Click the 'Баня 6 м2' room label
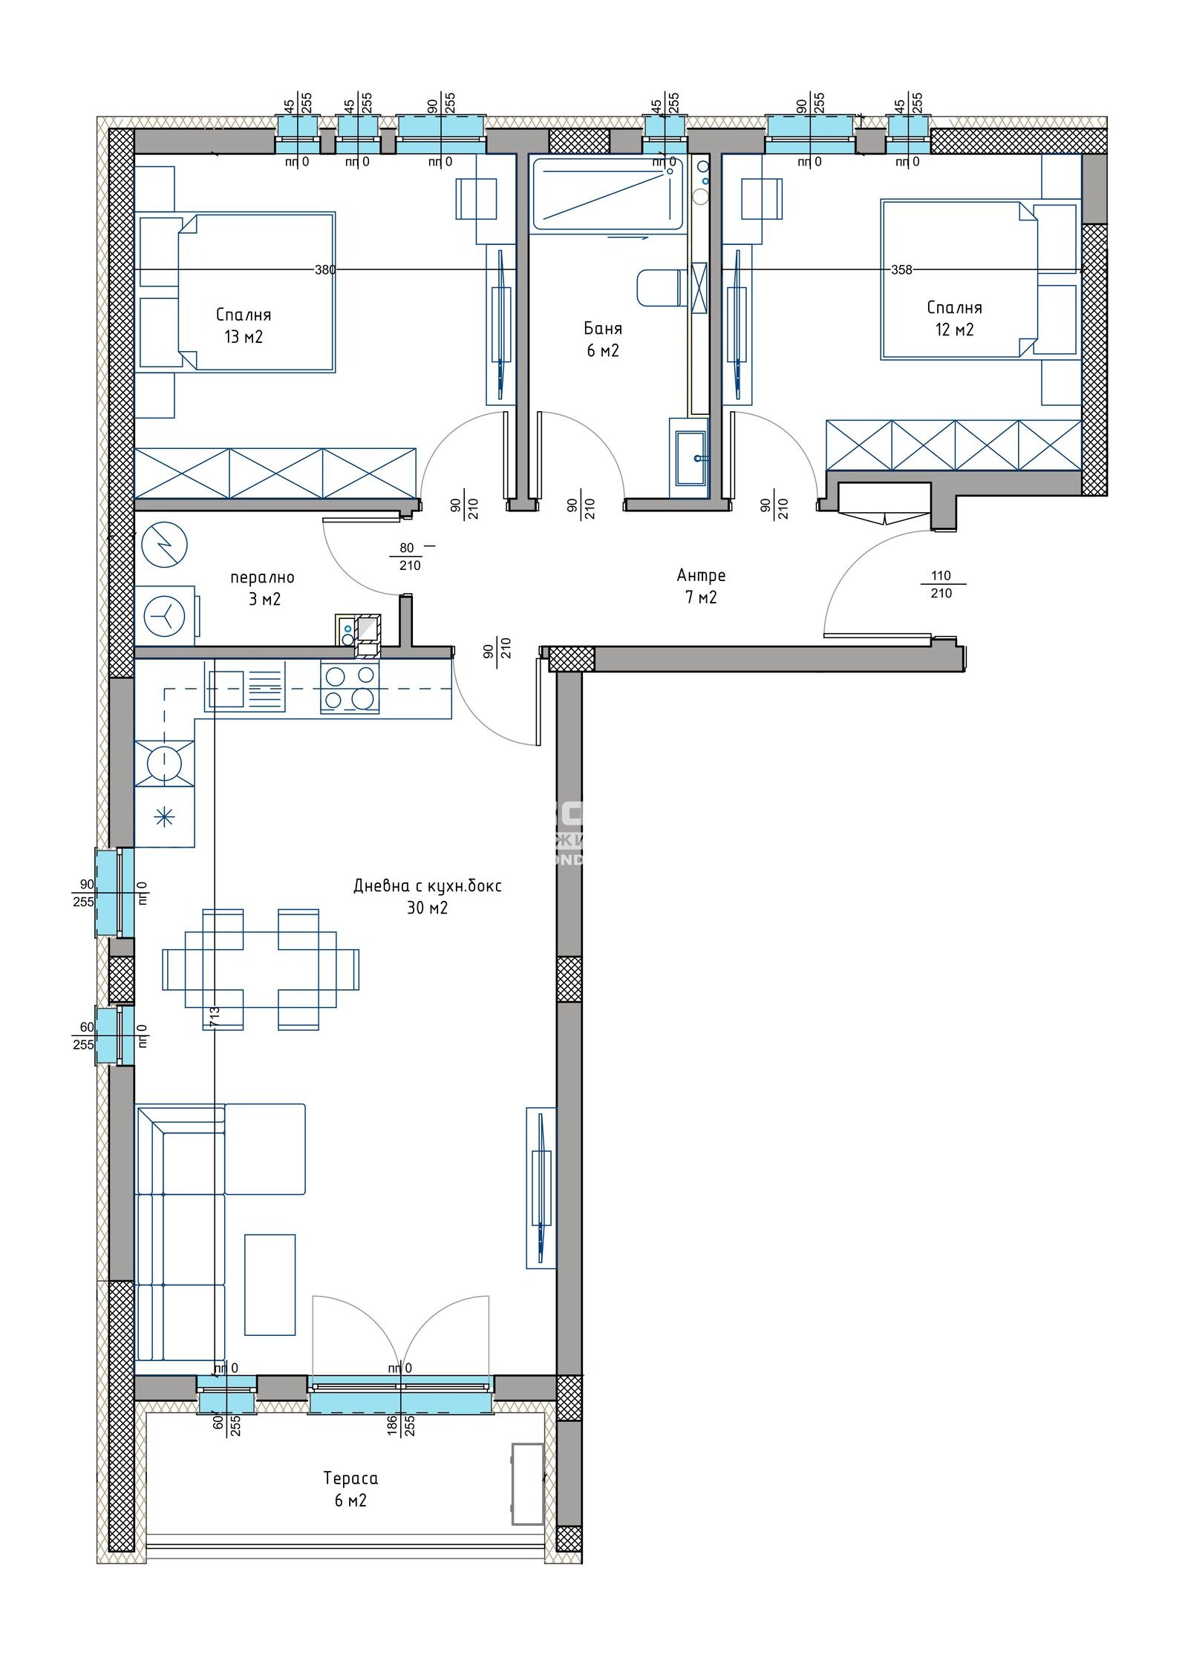[602, 339]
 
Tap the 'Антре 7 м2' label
[700, 586]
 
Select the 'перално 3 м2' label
[262, 588]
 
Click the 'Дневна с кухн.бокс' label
[427, 885]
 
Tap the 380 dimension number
[324, 269]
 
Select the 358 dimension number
[901, 269]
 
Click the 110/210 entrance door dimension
[940, 584]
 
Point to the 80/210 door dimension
[408, 557]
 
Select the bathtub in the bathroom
[607, 194]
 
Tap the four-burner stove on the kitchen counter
[350, 687]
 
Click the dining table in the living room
[261, 969]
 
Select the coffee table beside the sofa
[270, 1285]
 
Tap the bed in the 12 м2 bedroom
[965, 280]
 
